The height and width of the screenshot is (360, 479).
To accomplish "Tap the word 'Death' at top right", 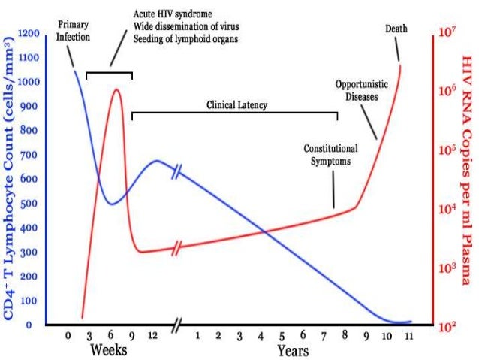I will [396, 29].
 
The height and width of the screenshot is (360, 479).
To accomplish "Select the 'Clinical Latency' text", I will [236, 105].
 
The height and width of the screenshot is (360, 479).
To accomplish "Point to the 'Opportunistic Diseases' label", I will [356, 90].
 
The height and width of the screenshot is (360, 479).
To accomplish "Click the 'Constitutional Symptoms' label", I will [330, 154].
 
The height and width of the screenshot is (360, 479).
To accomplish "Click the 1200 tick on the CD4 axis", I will [30, 34].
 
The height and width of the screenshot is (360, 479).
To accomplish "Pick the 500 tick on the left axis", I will [30, 204].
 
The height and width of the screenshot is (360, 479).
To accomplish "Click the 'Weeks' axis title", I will [108, 350].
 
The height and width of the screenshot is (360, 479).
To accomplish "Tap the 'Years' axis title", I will [292, 351].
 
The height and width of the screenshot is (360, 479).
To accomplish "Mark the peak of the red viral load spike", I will [116, 89].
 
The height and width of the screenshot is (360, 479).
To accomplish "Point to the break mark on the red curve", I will [177, 248].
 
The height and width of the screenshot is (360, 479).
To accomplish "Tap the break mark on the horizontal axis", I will [177, 325].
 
